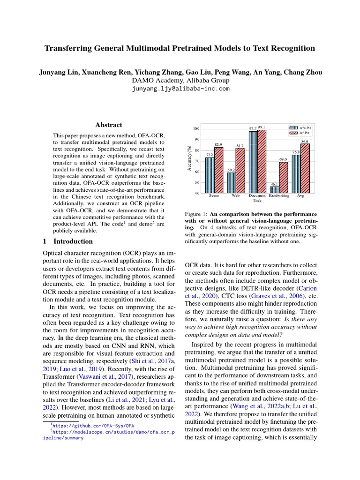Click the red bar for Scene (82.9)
218,171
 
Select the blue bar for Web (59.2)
231,183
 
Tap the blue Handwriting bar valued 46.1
275,190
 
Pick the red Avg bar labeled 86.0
305,169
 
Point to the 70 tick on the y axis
196,161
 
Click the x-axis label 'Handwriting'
279,196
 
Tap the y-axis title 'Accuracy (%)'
188,160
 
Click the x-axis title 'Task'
257,201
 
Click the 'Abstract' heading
109,125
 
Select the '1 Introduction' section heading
67,241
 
